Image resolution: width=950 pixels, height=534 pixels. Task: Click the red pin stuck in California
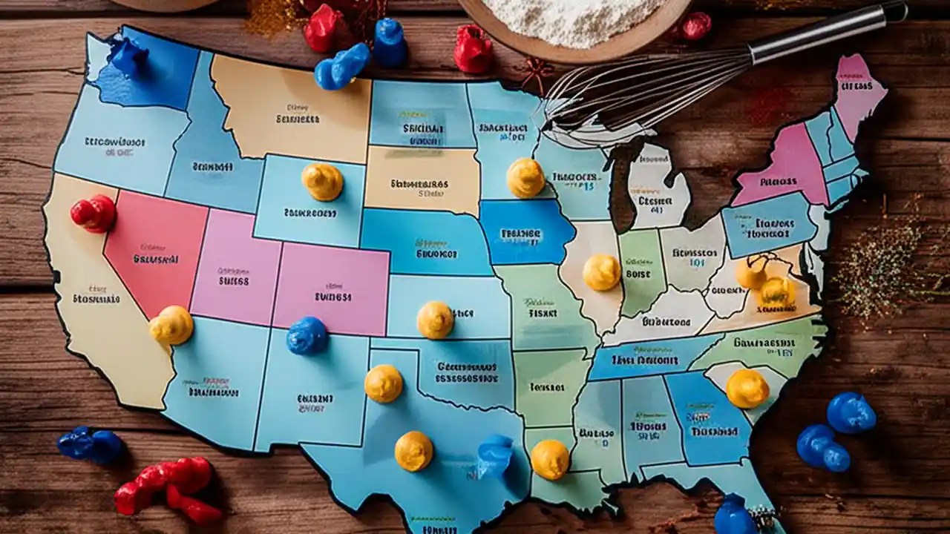94,214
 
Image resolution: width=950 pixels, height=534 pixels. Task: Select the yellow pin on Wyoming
323,182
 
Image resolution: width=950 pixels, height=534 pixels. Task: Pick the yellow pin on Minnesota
525,178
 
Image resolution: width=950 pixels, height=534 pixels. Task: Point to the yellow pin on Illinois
601,272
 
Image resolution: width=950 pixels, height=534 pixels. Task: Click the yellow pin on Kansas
435,320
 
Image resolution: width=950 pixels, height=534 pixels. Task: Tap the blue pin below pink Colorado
307,335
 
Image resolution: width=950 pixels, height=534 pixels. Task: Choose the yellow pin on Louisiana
550,459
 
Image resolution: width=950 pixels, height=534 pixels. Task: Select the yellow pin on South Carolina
747,389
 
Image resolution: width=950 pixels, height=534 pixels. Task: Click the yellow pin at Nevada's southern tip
171,325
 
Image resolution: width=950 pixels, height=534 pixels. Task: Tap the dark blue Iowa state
525,232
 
